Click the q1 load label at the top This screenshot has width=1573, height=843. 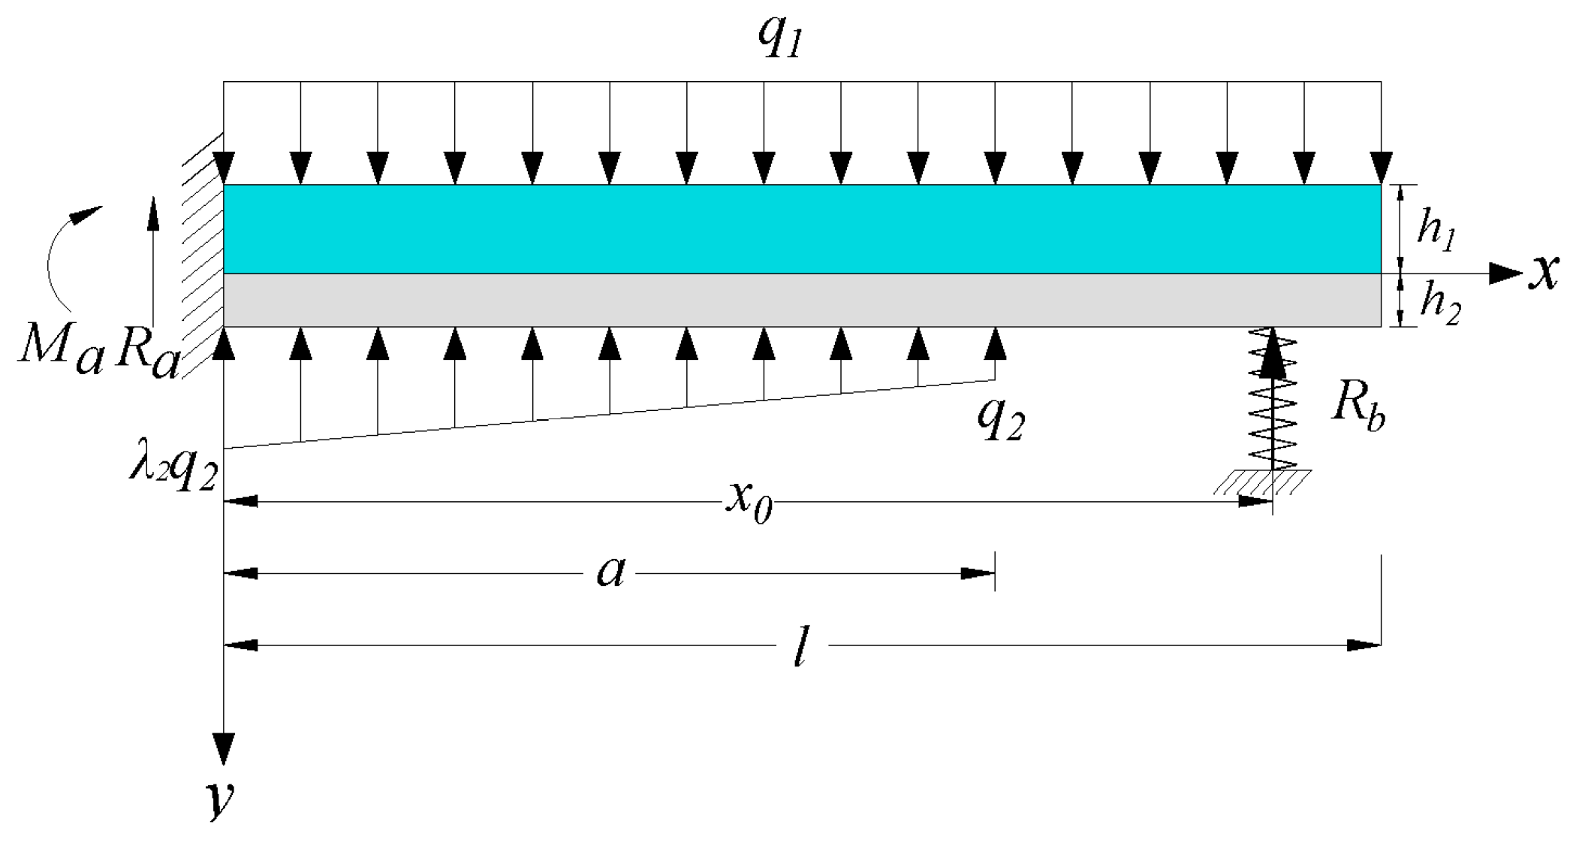click(781, 38)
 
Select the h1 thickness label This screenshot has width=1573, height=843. click(1436, 229)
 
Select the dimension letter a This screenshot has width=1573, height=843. click(610, 573)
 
